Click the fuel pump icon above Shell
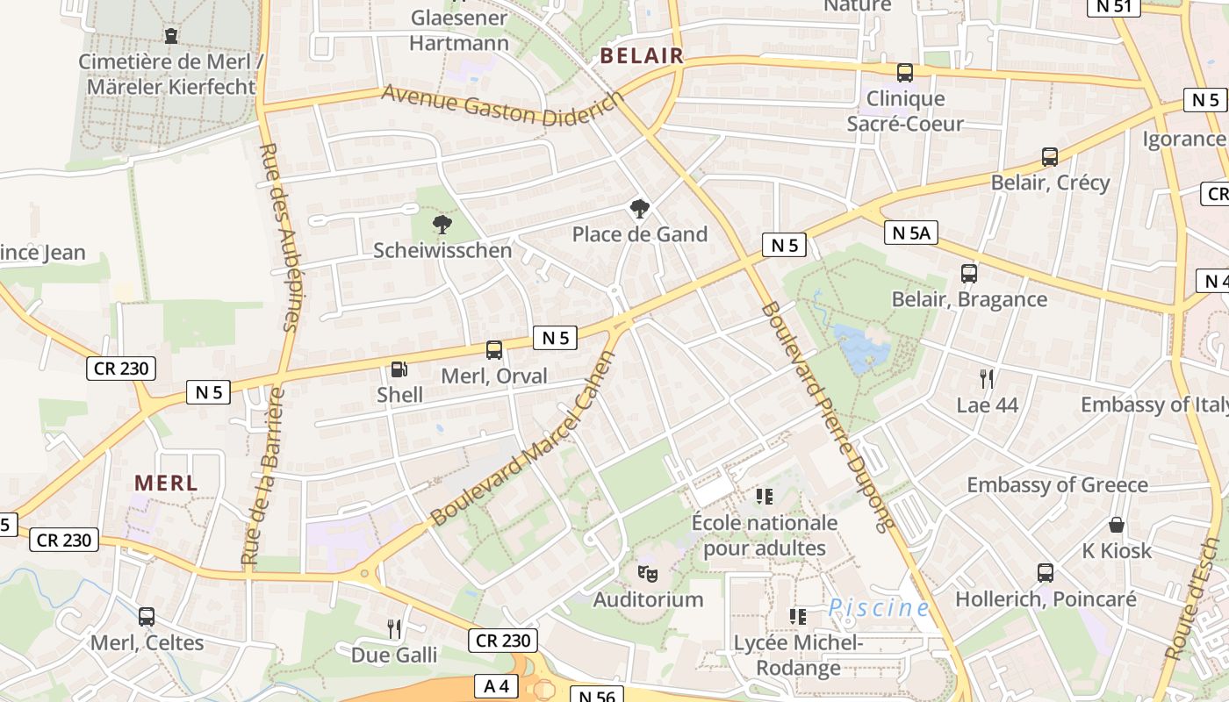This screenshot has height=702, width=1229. pyautogui.click(x=399, y=369)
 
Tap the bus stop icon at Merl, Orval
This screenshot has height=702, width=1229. pyautogui.click(x=494, y=350)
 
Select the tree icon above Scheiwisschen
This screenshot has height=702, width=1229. pyautogui.click(x=442, y=225)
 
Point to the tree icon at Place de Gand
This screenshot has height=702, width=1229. pyautogui.click(x=640, y=209)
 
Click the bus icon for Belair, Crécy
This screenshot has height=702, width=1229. pyautogui.click(x=1049, y=157)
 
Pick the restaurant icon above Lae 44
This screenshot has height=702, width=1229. pyautogui.click(x=987, y=379)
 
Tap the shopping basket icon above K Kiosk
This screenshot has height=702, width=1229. pyautogui.click(x=1117, y=525)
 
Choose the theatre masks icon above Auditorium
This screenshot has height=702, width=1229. pyautogui.click(x=648, y=574)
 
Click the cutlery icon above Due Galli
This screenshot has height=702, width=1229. pyautogui.click(x=394, y=628)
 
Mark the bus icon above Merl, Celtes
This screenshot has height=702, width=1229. pyautogui.click(x=147, y=617)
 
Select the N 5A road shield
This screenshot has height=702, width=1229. pyautogui.click(x=910, y=233)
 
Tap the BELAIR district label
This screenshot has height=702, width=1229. pyautogui.click(x=641, y=56)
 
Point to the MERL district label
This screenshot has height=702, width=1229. pyautogui.click(x=166, y=483)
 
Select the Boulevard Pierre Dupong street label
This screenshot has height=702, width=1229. pyautogui.click(x=827, y=416)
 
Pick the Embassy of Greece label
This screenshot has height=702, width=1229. pyautogui.click(x=1057, y=484)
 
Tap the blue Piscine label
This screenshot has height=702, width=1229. pyautogui.click(x=879, y=607)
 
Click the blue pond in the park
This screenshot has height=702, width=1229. pyautogui.click(x=861, y=347)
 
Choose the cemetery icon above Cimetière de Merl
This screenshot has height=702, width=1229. pyautogui.click(x=170, y=36)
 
